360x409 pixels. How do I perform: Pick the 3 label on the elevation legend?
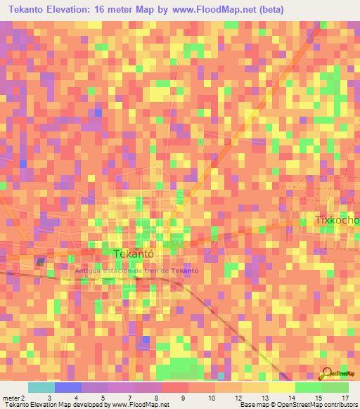pyautogui.click(x=49, y=398)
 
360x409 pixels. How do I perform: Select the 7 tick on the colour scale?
pyautogui.click(x=130, y=398)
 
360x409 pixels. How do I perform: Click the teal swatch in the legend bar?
pyautogui.click(x=41, y=387)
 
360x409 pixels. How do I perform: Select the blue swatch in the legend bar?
pyautogui.click(x=68, y=387)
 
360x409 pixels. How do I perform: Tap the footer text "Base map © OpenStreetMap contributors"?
pyautogui.click(x=297, y=405)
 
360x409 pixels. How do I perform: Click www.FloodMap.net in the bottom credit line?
pyautogui.click(x=137, y=405)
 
